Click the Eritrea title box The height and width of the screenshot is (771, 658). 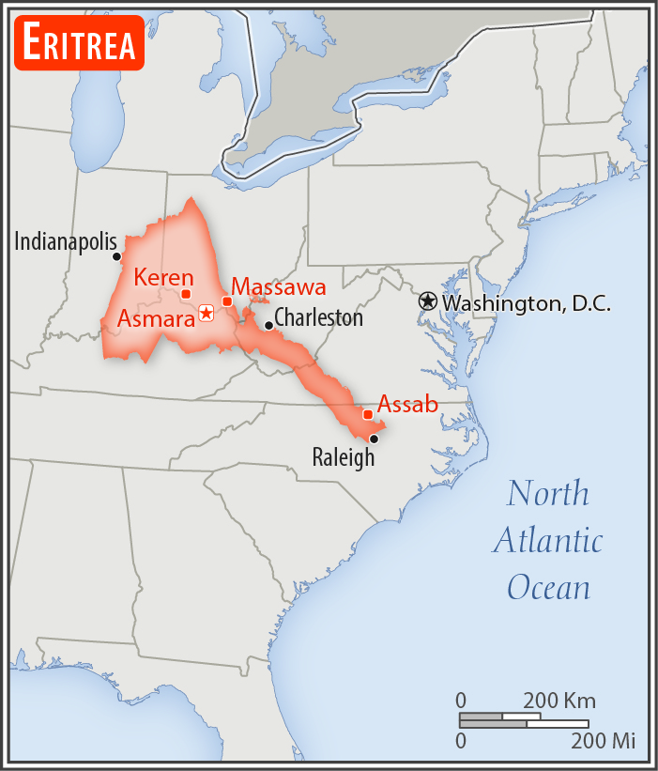point(80,43)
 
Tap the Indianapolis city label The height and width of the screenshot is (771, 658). point(66,241)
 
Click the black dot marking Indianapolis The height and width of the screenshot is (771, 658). point(116,256)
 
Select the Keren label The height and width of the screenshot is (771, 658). point(163,277)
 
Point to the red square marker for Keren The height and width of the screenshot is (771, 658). point(186,294)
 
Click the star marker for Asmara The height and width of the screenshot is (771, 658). point(206,314)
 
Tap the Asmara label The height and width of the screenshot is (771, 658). point(155,318)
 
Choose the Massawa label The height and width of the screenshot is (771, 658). point(279,286)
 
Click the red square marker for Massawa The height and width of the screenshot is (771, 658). point(227,301)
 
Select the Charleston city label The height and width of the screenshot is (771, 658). point(318,317)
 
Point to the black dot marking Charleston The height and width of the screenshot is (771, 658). point(268,326)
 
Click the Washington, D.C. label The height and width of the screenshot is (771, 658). point(527,303)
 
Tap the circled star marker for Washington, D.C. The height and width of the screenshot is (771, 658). point(428,301)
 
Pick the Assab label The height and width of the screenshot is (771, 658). point(407,405)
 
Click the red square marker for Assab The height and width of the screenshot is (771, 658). point(368,414)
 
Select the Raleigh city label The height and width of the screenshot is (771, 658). point(344,457)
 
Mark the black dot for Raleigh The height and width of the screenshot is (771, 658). point(374,439)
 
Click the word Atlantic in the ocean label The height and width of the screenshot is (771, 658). point(547,541)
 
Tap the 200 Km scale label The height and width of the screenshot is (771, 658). point(559,701)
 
